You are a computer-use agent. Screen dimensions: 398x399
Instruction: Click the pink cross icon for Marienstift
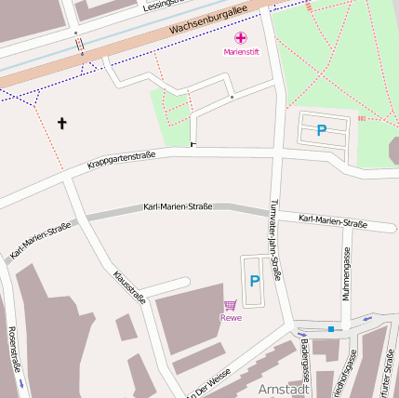tap(241, 38)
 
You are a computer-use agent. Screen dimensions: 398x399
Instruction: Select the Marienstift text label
tap(241, 53)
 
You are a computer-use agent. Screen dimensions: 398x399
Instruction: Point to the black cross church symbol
tap(63, 123)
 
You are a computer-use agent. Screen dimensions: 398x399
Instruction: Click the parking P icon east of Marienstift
tap(322, 131)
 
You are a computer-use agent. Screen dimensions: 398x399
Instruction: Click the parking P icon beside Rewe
tap(254, 280)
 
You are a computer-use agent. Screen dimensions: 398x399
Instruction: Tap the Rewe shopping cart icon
tap(230, 304)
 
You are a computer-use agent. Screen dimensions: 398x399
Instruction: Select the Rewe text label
tap(231, 318)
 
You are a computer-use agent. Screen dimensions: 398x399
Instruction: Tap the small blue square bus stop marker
tap(331, 328)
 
